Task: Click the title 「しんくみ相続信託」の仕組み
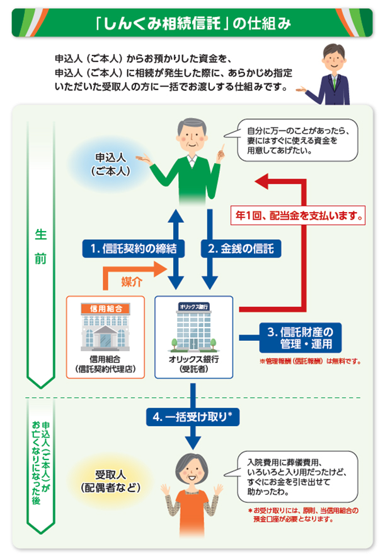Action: (x=192, y=23)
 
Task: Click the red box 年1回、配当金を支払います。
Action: (x=298, y=215)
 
